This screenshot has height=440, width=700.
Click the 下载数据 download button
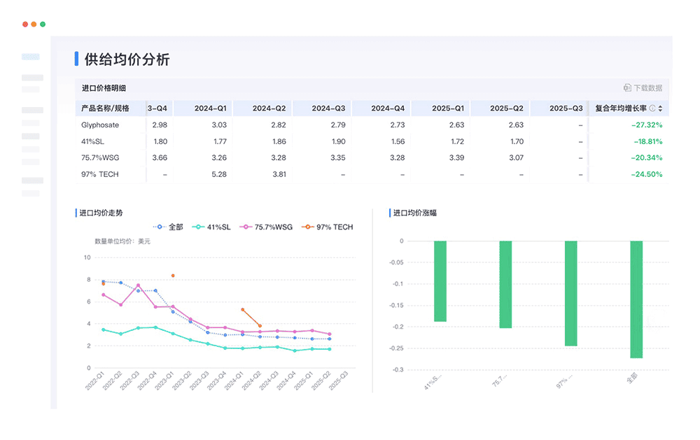643,88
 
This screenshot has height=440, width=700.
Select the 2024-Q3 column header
329,108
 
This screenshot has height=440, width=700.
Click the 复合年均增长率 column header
621,108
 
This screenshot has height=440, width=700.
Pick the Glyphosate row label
100,125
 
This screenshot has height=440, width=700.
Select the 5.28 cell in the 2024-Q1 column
219,174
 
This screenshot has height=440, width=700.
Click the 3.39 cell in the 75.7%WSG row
456,157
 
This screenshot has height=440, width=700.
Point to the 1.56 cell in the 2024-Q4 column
397,141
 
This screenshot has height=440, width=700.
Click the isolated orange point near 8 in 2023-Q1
173,276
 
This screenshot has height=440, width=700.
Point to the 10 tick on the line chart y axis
87,257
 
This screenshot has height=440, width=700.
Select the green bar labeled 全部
636,299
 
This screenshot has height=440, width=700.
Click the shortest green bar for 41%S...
440,281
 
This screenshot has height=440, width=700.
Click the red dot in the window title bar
25,24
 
